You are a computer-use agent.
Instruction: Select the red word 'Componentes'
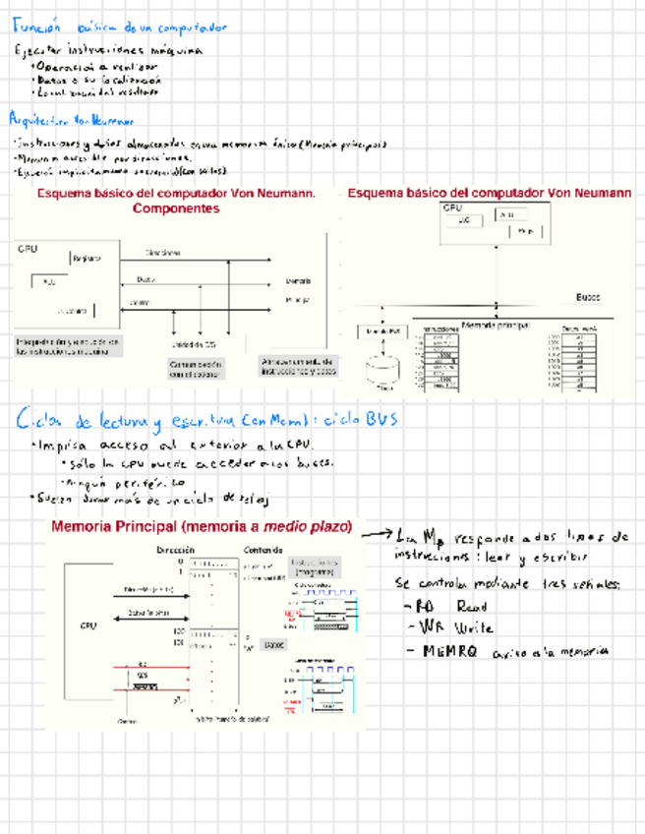tap(175, 208)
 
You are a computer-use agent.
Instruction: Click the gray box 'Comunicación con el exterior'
tap(196, 369)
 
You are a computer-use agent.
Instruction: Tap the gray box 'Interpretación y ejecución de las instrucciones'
tap(68, 346)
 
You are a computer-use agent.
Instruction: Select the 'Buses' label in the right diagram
tap(587, 297)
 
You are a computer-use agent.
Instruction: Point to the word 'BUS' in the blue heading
tap(381, 420)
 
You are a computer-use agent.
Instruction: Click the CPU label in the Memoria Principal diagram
tap(88, 625)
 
